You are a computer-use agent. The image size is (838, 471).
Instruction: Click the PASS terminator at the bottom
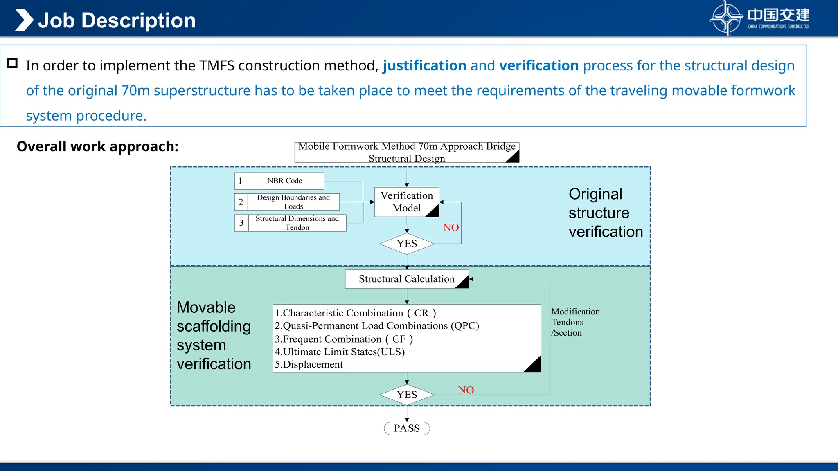point(407,428)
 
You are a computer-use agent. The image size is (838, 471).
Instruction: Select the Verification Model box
point(407,202)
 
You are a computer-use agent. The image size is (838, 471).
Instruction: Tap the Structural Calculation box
point(407,279)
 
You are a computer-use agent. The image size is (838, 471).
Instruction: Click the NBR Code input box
point(285,181)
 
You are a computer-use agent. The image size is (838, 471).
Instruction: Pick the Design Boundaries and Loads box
point(293,202)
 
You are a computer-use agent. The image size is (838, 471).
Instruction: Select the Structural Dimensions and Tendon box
point(297,223)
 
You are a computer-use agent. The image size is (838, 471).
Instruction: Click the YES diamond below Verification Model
point(407,244)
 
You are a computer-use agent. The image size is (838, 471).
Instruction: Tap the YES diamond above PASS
point(407,395)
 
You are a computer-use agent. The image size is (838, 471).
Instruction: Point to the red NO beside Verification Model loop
point(451,227)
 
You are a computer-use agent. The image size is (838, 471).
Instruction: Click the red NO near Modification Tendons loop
point(466,390)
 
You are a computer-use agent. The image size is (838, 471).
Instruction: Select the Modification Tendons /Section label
point(575,322)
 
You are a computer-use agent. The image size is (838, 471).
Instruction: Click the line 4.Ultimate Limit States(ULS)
point(340,352)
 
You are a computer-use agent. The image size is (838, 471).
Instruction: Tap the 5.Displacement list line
point(309,364)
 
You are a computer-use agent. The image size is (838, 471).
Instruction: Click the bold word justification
point(424,65)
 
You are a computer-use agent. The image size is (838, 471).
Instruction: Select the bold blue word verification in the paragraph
point(539,65)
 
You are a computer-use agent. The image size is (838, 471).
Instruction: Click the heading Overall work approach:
point(97,146)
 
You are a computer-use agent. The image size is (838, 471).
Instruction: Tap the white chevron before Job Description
point(24,20)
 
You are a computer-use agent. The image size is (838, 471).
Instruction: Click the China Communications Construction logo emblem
point(726,18)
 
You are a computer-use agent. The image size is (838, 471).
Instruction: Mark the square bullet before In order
point(13,63)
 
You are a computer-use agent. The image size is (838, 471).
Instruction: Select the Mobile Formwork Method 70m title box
point(407,152)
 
